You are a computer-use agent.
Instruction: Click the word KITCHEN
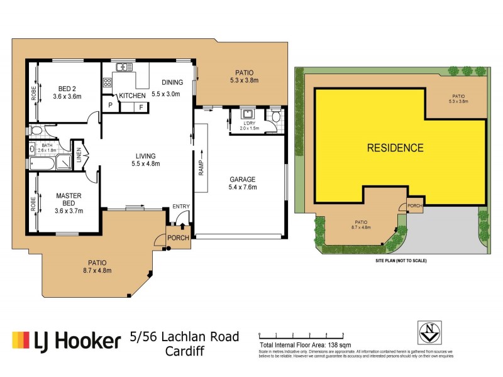coord(133,95)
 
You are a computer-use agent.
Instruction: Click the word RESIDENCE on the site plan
coord(395,148)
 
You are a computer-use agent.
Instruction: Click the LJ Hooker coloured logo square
coord(21,340)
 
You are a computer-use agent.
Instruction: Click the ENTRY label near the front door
coord(180,207)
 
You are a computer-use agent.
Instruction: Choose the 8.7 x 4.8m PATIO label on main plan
coord(97,266)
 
